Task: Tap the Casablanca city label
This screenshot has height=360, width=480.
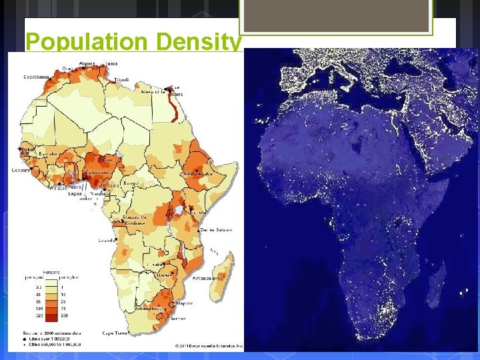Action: coord(38,77)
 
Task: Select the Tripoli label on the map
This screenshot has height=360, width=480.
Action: coord(122,79)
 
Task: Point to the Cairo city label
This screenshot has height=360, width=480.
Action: coord(177,95)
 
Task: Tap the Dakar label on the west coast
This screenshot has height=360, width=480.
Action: coord(28,150)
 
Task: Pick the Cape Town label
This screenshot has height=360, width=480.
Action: coord(115,332)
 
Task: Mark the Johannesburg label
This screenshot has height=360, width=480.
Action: coord(151,309)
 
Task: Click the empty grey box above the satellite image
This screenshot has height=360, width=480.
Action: coord(336,15)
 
